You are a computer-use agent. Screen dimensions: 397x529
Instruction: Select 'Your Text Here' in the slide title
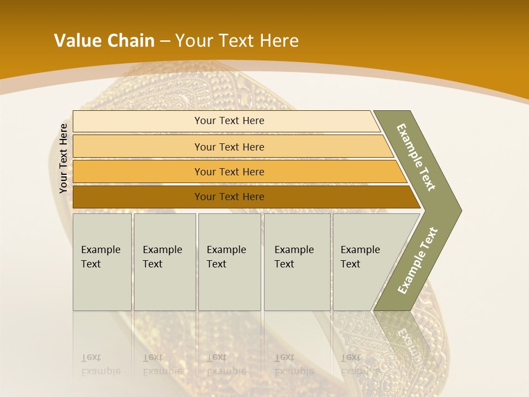point(237,40)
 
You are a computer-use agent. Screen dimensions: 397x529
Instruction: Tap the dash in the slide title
point(165,41)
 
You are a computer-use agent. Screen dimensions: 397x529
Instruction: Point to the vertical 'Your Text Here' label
point(63,158)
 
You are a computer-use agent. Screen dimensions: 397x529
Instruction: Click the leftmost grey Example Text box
point(102,262)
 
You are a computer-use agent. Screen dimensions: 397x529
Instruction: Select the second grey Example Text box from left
point(165,262)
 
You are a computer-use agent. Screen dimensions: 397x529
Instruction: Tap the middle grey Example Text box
point(229,262)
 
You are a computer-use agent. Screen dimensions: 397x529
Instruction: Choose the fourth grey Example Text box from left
point(297,262)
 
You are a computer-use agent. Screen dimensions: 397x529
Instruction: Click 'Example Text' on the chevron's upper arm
point(416,157)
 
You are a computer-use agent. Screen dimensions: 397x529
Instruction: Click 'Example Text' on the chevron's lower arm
point(417,261)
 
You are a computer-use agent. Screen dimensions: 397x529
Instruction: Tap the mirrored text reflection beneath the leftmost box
point(101,364)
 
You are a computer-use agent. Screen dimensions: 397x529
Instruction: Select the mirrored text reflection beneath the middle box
point(226,364)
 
